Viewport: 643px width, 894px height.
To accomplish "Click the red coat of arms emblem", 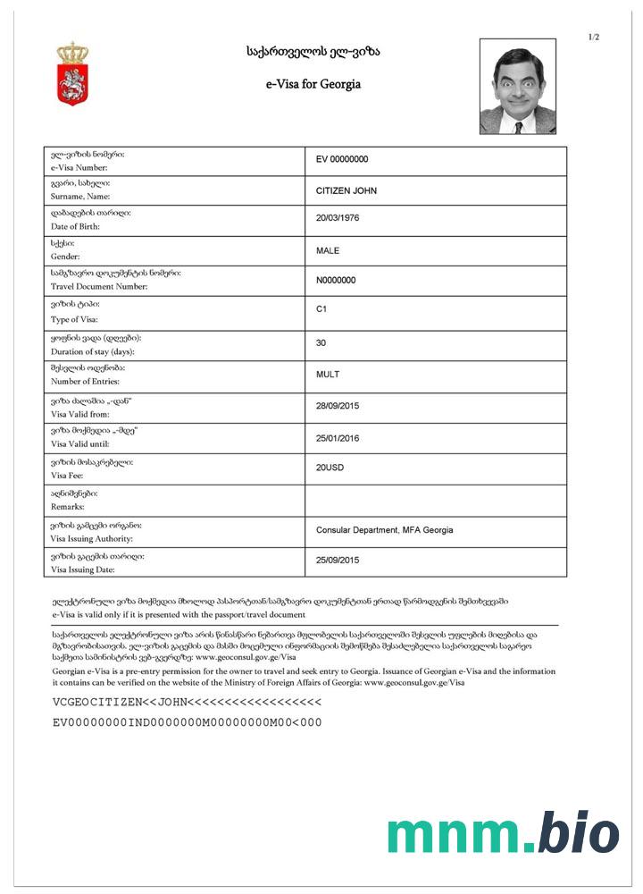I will [x=73, y=73].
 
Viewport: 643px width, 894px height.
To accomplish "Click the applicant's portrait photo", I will [x=518, y=87].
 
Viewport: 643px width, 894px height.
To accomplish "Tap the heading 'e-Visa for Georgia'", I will [x=313, y=85].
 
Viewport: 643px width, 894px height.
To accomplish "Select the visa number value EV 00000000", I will [x=342, y=159].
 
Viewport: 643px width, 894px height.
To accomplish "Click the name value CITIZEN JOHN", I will [x=347, y=190].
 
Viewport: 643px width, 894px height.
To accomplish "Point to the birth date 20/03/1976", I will [x=339, y=218].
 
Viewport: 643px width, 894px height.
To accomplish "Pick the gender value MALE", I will [x=328, y=250].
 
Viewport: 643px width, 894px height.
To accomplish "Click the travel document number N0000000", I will [x=336, y=280].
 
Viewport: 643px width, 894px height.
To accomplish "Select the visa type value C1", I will [x=322, y=309].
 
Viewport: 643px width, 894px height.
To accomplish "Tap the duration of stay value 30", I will [x=321, y=342].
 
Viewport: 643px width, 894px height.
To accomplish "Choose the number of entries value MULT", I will [x=328, y=374].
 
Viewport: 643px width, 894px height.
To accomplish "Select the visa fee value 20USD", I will [x=330, y=468].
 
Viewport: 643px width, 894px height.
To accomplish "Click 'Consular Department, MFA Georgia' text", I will [x=384, y=530].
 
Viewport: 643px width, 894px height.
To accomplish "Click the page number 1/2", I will [x=594, y=37].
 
